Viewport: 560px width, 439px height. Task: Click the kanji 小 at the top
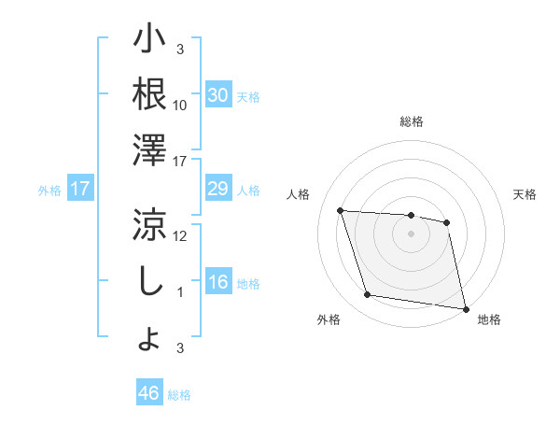tap(149, 42)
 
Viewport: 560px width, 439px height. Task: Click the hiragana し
tap(149, 281)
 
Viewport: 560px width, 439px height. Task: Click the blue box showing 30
tap(217, 94)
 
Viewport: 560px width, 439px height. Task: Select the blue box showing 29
tap(217, 189)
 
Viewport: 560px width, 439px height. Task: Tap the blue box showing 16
tap(217, 283)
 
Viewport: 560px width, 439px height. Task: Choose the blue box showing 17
tap(79, 189)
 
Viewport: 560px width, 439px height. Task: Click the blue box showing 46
tap(148, 393)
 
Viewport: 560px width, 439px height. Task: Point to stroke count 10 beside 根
tap(180, 105)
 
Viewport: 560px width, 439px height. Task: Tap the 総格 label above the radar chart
tap(411, 121)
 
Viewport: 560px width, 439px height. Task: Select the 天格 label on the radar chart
tap(525, 194)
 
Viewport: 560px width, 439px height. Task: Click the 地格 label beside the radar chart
tap(489, 319)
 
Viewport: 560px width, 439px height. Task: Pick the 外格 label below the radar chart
tap(329, 319)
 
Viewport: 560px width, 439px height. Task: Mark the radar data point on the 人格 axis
tap(341, 210)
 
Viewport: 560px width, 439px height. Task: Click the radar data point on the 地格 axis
tap(464, 307)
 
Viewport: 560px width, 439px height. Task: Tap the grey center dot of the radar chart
tap(411, 234)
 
